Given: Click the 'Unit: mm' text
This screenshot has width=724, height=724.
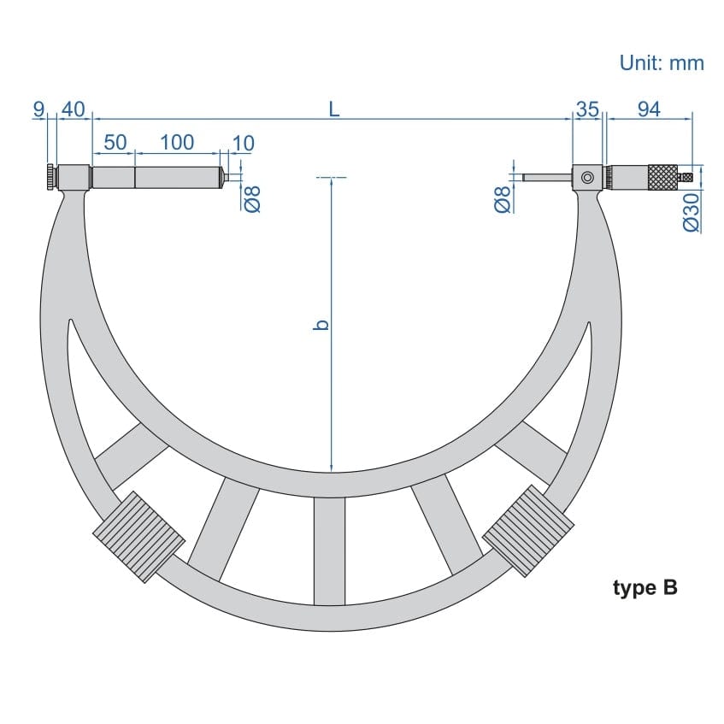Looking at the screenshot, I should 661,62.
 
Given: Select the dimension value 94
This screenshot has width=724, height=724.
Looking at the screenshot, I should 649,109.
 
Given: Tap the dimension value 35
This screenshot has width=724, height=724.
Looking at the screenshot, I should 587,109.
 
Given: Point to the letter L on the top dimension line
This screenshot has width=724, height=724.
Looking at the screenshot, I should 334,109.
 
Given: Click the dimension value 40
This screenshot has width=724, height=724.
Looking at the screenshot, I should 74,109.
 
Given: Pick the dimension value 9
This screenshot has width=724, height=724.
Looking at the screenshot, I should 38,109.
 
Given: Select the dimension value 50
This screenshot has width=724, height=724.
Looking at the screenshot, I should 115,142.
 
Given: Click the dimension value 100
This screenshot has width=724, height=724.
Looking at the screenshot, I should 177,142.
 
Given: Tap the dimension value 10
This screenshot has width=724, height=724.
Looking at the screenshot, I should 243,143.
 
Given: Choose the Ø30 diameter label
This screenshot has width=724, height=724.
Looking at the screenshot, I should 692,210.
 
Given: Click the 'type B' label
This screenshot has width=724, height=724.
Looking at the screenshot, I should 645,588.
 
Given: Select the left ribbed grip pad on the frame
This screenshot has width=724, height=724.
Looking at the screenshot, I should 138,537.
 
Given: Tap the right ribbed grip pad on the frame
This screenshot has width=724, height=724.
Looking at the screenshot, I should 527,531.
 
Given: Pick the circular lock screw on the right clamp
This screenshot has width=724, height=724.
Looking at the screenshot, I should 587,178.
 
